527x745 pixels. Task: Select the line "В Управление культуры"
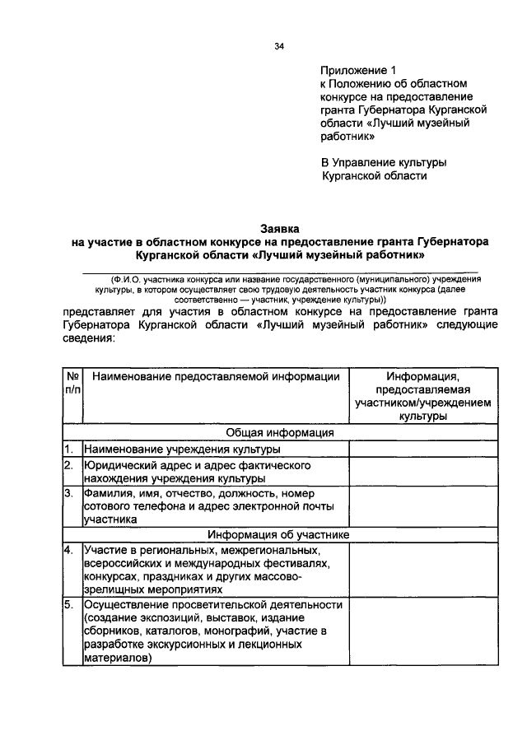click(x=384, y=161)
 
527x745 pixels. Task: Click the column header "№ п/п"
click(x=71, y=383)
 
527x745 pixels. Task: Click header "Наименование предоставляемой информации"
click(x=216, y=376)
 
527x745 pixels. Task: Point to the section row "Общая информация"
click(x=279, y=432)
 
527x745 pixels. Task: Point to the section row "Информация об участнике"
click(x=279, y=533)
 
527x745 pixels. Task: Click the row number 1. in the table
click(x=70, y=449)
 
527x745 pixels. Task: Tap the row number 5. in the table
click(x=70, y=605)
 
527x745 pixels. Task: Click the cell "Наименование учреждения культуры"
click(x=182, y=449)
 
